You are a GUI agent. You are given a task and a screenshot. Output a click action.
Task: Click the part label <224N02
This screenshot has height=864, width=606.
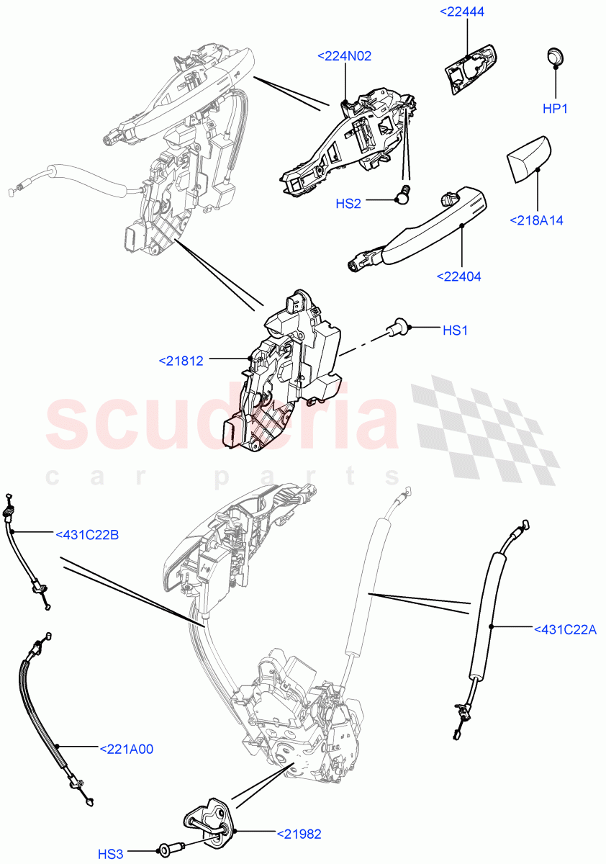[345, 55]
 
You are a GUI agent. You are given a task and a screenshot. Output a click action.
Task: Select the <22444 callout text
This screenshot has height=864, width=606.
[466, 12]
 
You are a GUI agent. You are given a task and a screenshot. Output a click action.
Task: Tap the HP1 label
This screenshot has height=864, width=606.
[556, 109]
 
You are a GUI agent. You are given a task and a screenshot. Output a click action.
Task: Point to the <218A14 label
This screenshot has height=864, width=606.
[537, 220]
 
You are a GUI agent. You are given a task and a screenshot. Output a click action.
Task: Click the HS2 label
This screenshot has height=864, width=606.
[348, 204]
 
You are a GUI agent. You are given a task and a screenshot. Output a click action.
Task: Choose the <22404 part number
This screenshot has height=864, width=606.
[458, 276]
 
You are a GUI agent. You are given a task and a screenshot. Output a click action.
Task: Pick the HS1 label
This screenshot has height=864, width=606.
[456, 330]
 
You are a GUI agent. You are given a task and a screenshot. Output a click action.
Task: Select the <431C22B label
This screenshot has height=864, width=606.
[87, 534]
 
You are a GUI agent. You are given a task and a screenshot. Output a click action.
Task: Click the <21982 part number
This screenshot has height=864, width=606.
[299, 834]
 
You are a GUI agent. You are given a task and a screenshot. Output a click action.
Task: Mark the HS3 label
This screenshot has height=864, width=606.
[112, 854]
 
